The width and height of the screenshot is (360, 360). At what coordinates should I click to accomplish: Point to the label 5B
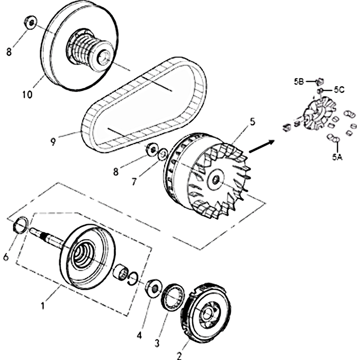click(x=299, y=81)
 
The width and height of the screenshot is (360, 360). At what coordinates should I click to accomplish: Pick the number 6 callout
click(x=6, y=257)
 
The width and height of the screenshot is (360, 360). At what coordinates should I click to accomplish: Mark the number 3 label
click(x=157, y=343)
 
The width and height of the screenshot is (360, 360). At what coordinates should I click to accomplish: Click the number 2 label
click(x=179, y=356)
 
